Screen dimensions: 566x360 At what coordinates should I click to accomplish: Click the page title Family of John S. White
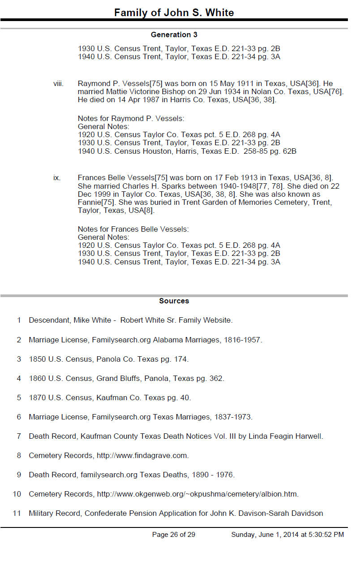point(174,12)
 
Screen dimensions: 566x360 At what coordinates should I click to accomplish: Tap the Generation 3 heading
point(174,35)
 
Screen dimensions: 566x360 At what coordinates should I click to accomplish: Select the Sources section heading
point(174,301)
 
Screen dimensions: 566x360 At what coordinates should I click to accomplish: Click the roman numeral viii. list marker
point(58,84)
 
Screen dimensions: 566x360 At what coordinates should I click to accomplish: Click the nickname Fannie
point(90,202)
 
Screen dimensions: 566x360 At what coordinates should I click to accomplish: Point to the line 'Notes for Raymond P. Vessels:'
point(131,119)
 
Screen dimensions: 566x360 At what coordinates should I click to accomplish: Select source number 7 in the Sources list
point(19,436)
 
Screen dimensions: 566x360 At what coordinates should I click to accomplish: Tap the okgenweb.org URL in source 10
point(197,494)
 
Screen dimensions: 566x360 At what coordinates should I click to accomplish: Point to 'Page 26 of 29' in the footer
point(174,535)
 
